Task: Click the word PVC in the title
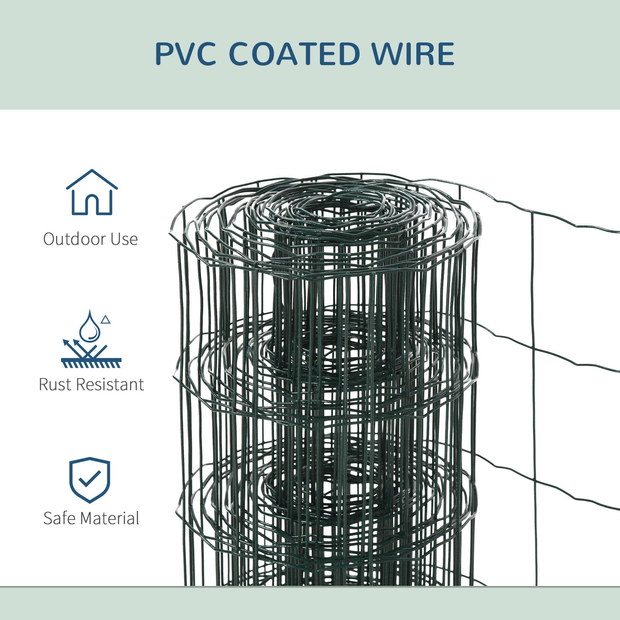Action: tap(185, 54)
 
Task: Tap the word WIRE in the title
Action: tap(412, 54)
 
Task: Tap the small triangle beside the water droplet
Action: tap(106, 320)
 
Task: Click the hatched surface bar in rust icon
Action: tap(91, 363)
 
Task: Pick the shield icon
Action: tap(90, 479)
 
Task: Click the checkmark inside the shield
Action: tap(90, 478)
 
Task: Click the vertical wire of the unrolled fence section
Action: tap(533, 386)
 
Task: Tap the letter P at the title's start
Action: tap(163, 54)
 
